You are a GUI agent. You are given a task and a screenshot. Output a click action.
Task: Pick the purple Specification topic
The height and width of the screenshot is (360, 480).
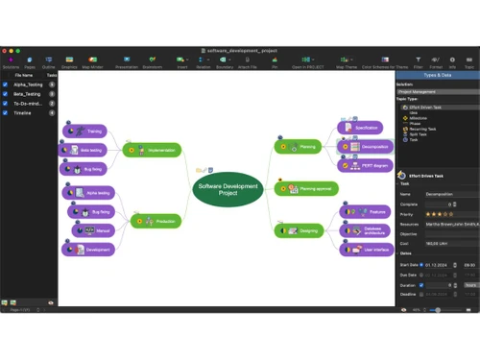point(363,127)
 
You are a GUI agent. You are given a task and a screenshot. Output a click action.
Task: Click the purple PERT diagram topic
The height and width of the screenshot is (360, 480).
point(365,165)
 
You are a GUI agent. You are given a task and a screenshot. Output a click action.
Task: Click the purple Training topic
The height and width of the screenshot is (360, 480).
point(89,131)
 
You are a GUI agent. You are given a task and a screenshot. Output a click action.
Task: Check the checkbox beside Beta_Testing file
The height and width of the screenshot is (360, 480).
point(5,93)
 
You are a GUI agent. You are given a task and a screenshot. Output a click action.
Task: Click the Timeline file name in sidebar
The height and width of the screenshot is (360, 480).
point(23,112)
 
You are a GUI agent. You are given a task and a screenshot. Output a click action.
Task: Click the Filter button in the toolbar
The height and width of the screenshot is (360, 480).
point(420,62)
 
